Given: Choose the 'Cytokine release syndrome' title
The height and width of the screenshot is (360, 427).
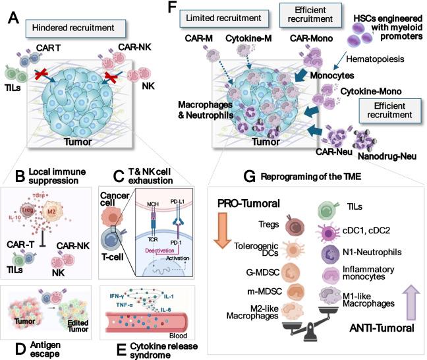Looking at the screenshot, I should point(146,349).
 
